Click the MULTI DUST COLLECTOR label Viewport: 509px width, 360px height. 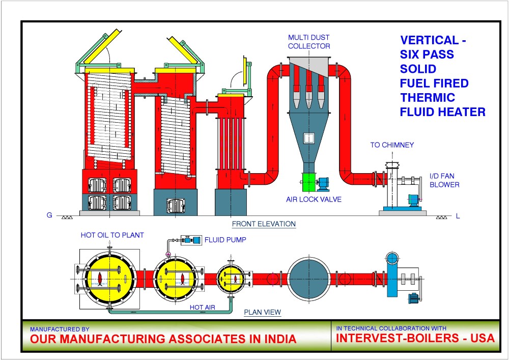click(x=309, y=42)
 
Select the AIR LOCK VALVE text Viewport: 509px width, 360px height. click(x=314, y=199)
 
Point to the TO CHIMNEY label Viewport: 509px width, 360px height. click(x=392, y=145)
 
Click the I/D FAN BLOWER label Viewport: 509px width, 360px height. click(x=444, y=181)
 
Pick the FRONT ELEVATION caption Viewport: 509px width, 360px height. click(x=264, y=224)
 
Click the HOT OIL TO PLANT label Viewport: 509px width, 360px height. click(x=112, y=235)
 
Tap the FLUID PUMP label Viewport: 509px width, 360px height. click(x=224, y=239)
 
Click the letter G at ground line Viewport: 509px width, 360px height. click(x=49, y=215)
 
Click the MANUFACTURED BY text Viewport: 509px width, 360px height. click(x=60, y=329)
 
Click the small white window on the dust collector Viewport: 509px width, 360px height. click(x=308, y=137)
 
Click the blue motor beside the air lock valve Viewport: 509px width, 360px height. click(x=323, y=182)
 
